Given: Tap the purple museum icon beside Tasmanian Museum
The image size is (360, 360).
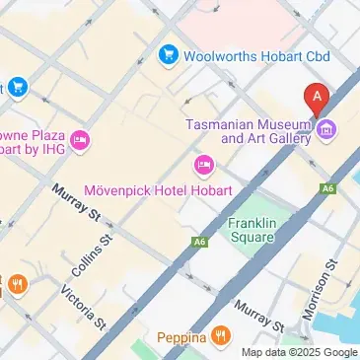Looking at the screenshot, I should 326,129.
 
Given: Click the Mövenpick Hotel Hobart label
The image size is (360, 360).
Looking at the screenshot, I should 158,189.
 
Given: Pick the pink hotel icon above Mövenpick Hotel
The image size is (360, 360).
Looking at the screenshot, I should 204,164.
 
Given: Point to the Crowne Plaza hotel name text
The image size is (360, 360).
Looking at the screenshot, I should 31,137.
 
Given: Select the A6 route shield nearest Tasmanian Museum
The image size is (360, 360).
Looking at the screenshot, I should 328,187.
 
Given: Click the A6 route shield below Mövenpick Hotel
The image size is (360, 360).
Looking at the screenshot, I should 201,241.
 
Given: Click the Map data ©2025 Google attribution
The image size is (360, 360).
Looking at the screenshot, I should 300,352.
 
